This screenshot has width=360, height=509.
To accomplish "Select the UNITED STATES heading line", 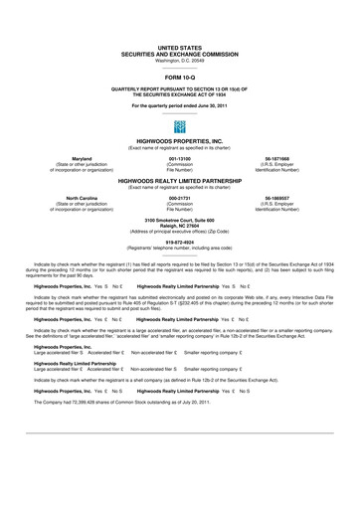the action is [179, 47].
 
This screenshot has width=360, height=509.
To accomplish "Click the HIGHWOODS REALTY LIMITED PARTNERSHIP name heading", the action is [179, 183].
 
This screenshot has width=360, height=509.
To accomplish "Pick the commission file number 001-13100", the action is [180, 157].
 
